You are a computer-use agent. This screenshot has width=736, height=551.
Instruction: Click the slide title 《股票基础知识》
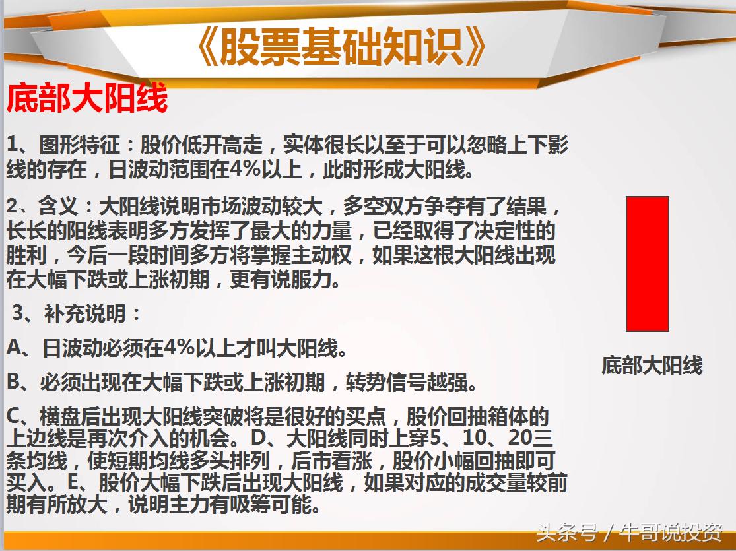coord(342,48)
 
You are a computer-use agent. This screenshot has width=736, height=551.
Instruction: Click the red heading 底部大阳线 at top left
coord(87,99)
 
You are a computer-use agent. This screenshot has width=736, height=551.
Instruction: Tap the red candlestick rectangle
coord(647,263)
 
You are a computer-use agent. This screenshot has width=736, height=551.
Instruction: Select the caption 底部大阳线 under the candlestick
coord(652,365)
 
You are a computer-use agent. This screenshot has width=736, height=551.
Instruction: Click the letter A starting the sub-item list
coord(14,348)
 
